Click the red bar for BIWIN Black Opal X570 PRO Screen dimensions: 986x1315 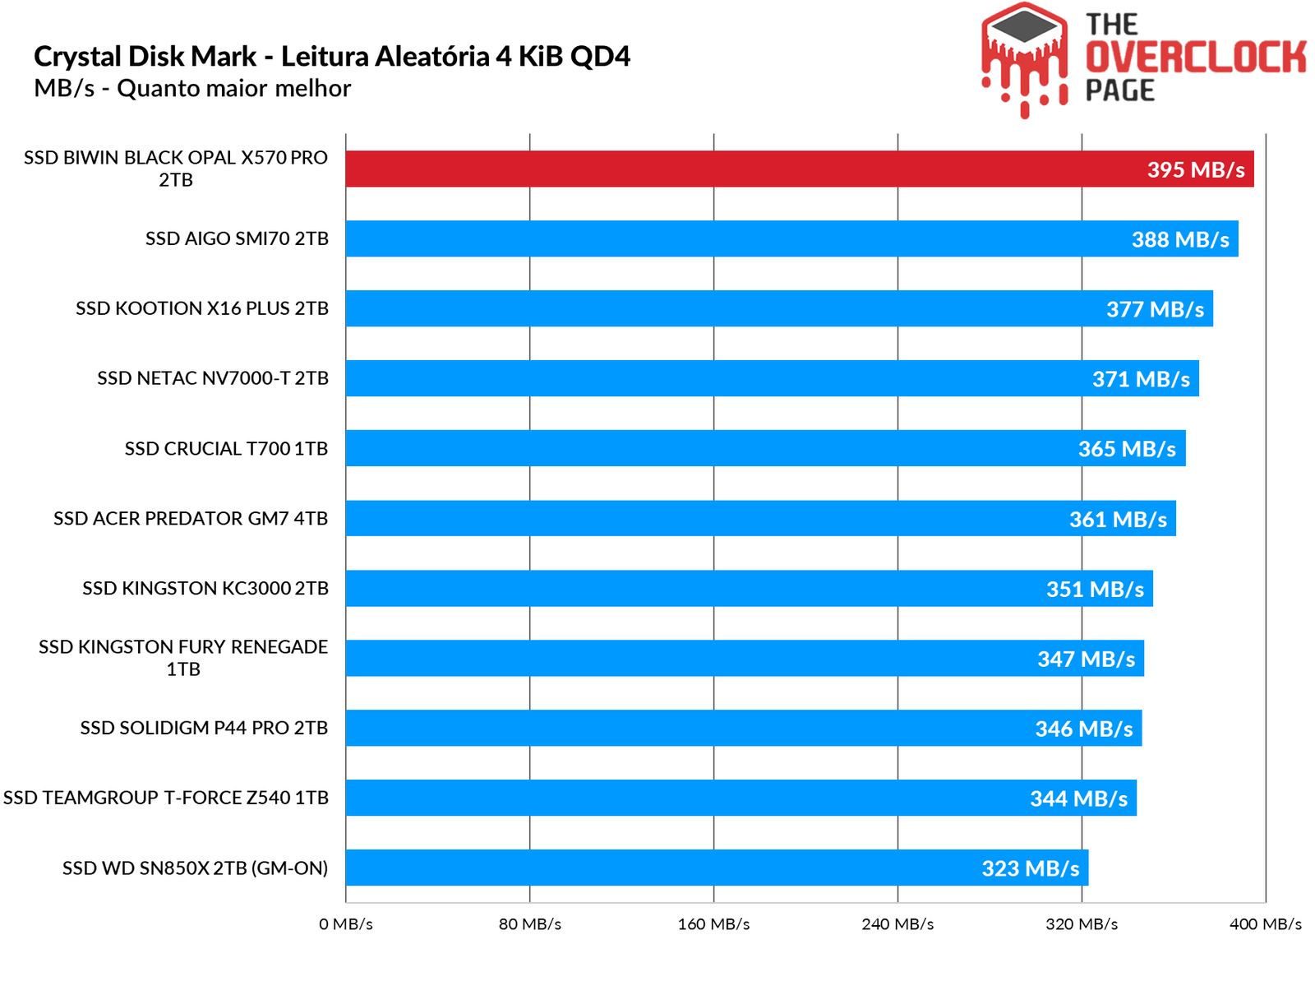740,169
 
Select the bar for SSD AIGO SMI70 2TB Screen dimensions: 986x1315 740,238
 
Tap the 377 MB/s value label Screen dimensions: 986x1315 1154,309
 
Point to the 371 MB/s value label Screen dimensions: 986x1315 1140,379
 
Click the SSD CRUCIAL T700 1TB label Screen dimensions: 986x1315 226,449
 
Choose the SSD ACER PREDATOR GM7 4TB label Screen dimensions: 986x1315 191,519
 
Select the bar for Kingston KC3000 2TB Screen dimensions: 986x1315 740,588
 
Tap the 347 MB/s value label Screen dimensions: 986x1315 1085,659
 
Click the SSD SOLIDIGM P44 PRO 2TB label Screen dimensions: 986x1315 204,728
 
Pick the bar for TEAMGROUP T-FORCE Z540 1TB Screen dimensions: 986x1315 740,798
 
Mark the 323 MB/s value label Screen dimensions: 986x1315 1030,868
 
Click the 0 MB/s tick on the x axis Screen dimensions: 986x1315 346,924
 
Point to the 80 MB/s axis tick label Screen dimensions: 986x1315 530,924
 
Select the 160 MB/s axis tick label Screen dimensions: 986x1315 713,924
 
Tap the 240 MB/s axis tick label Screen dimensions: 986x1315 897,924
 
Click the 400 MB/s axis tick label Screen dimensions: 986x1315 1265,924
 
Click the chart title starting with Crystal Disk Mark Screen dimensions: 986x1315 332,57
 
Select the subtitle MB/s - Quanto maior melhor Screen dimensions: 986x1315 192,88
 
